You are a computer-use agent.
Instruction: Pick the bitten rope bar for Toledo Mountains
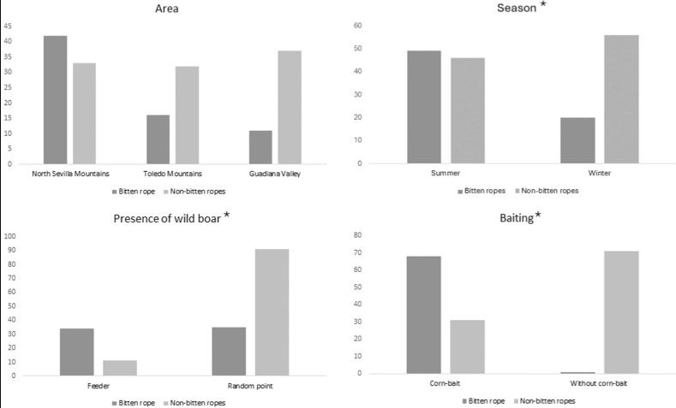pos(158,139)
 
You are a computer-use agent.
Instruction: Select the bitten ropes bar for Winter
pos(577,140)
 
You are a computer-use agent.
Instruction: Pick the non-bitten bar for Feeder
pos(119,368)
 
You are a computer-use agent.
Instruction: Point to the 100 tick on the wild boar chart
pos(10,236)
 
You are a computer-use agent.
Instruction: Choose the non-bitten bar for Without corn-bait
pos(621,312)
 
